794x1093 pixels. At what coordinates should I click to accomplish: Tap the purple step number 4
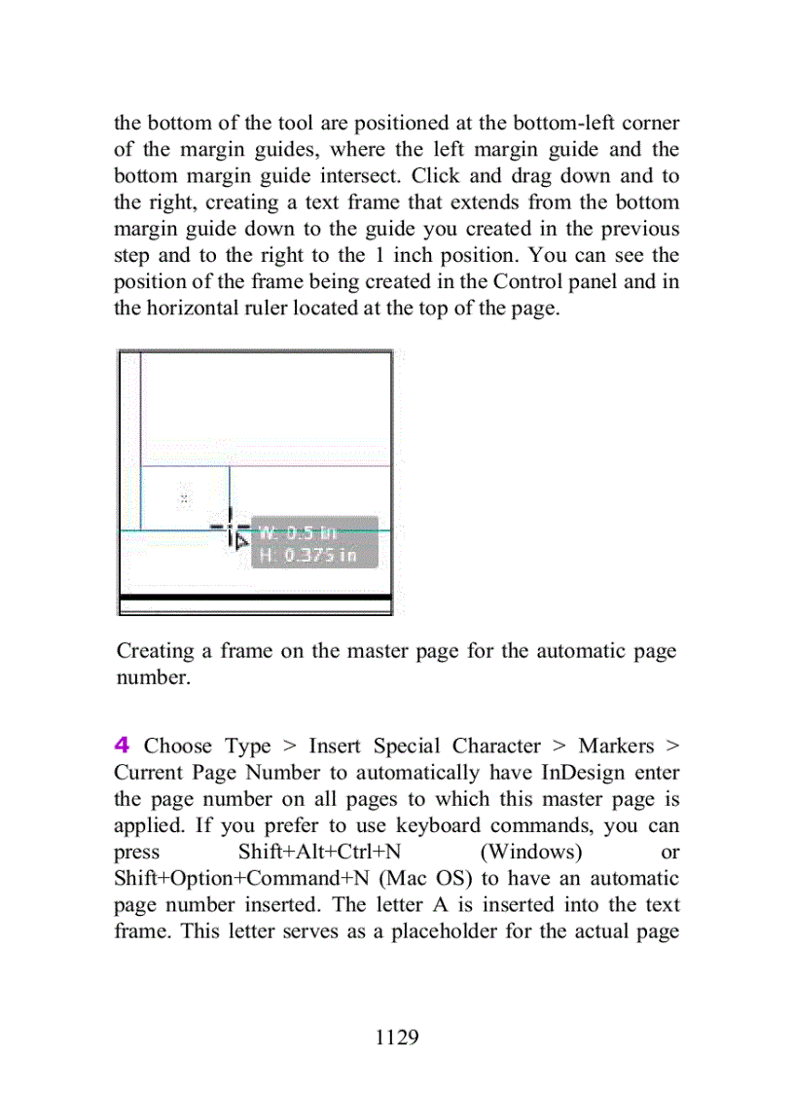[122, 747]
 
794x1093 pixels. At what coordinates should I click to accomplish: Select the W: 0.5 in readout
[297, 532]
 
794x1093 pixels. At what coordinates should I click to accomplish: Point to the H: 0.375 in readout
[307, 556]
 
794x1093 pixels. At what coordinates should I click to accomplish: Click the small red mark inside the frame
[184, 498]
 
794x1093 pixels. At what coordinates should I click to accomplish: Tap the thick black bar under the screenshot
[255, 597]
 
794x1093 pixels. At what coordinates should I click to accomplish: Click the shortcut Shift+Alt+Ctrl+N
[319, 853]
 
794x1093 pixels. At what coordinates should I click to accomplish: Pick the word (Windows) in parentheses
[531, 853]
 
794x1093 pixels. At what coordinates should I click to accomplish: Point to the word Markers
[616, 747]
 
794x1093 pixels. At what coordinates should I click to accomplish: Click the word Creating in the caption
[158, 651]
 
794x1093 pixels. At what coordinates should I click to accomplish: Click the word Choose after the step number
[178, 747]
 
